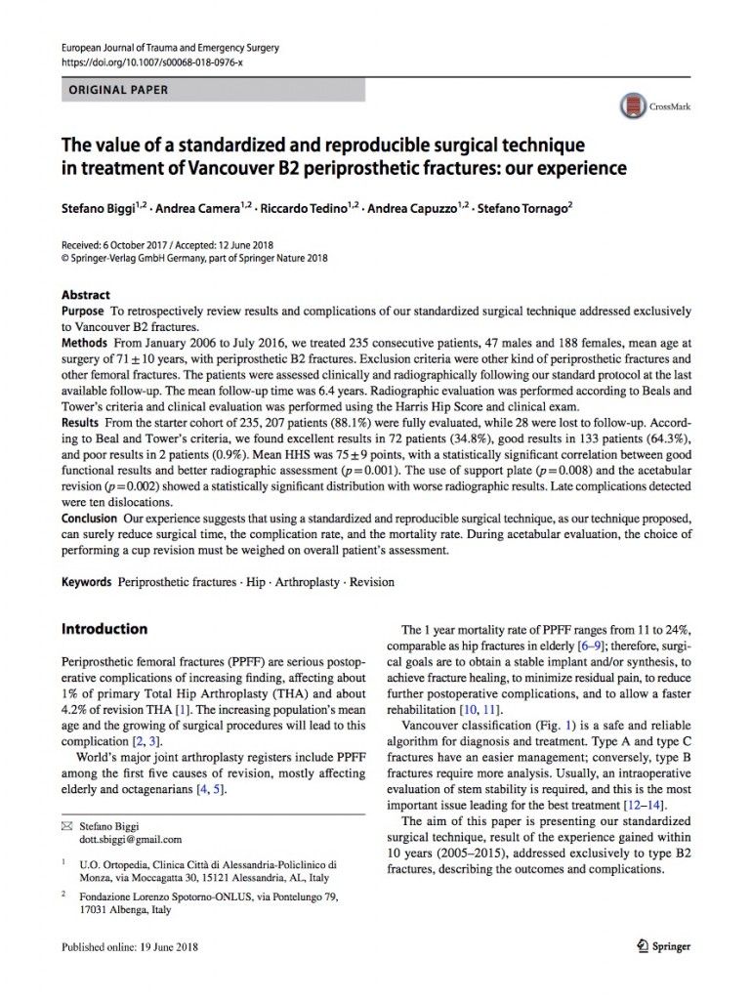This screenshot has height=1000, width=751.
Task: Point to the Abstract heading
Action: (86, 295)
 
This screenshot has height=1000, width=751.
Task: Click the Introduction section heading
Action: (104, 629)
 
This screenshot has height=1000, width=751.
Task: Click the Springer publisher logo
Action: (662, 946)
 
